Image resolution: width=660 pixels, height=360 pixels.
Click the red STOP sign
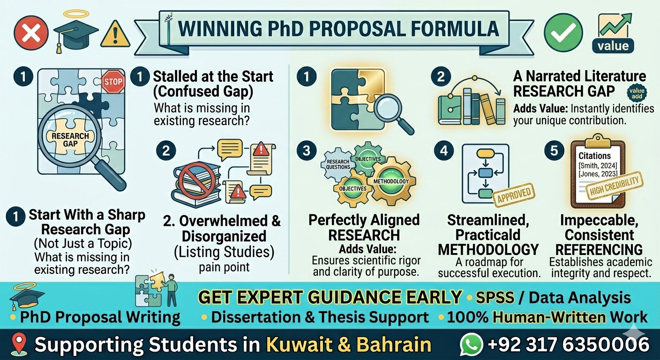113,82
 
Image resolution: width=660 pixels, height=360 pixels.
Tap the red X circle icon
31,33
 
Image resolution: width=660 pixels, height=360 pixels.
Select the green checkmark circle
563,33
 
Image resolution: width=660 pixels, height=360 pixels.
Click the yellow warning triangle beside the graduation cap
115,34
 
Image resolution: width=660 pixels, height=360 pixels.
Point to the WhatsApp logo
472,345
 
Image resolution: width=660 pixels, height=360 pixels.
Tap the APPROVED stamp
514,194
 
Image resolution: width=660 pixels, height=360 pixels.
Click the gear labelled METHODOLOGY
391,181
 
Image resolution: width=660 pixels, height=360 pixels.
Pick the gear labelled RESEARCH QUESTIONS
337,165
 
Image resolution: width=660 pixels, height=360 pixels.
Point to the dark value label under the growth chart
613,46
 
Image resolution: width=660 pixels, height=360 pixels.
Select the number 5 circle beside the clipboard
554,150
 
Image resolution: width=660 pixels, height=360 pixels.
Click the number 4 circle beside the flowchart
444,150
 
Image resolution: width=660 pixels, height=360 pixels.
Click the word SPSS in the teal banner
495,298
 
